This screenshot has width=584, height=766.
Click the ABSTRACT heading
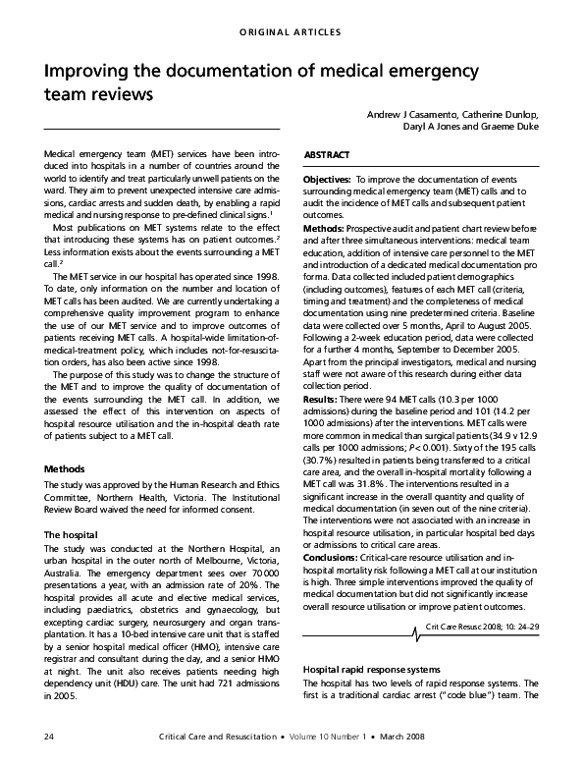(x=327, y=156)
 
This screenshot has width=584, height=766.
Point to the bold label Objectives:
(x=328, y=181)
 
